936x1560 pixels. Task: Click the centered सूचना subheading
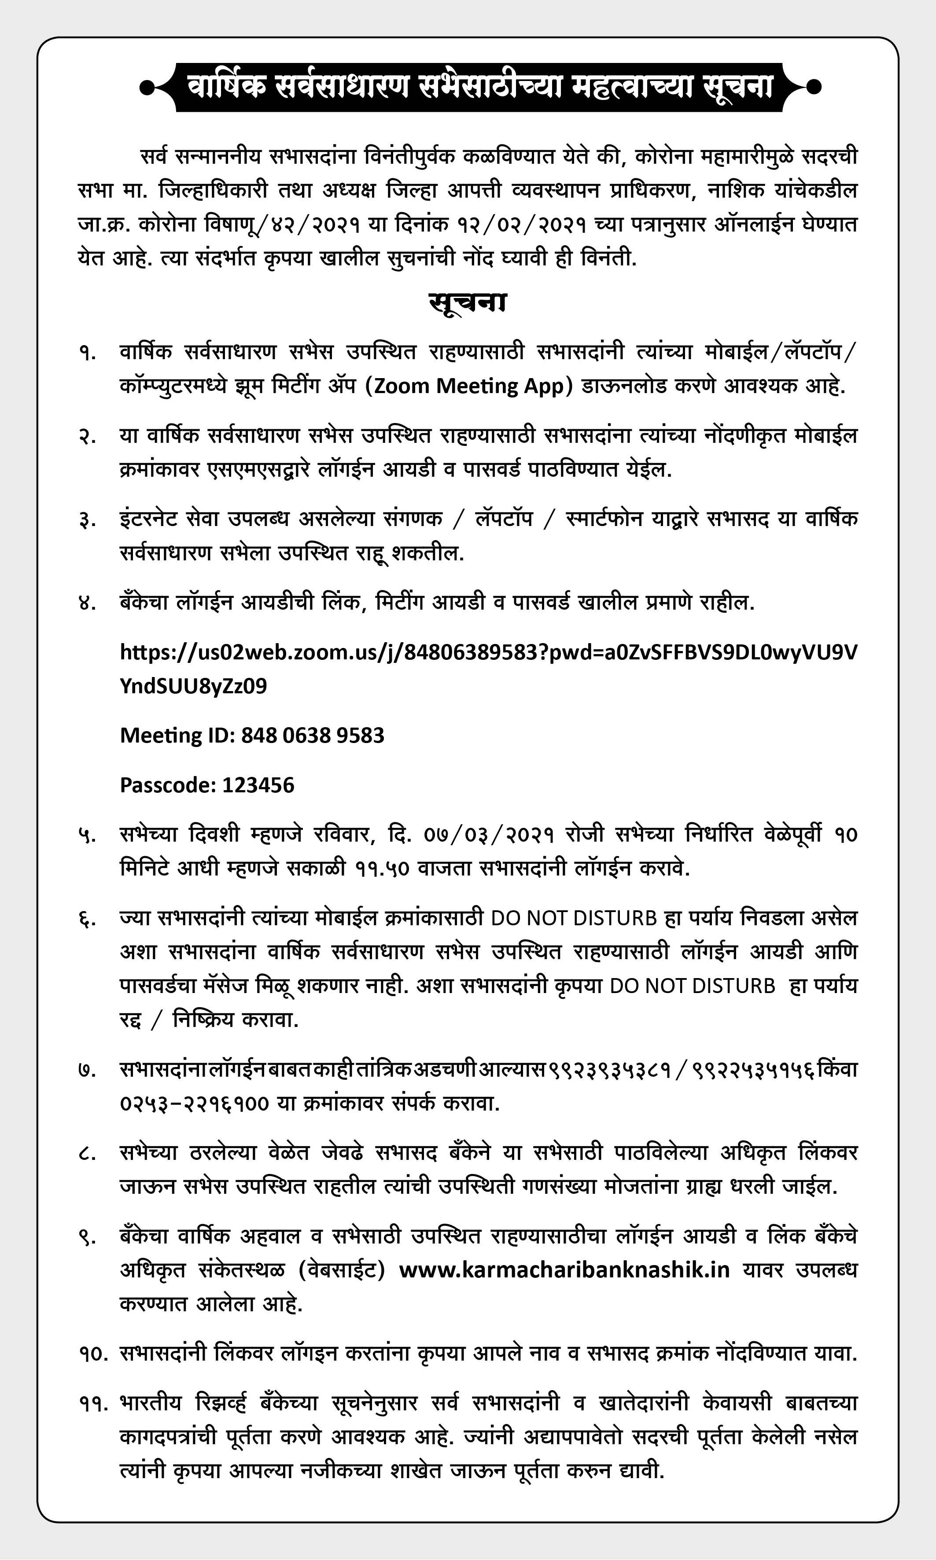[468, 303]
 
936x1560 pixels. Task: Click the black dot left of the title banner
[146, 87]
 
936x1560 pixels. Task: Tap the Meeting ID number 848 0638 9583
[313, 735]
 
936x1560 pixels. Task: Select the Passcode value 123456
[258, 785]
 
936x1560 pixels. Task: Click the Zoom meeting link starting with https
[488, 652]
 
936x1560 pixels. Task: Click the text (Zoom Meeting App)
[468, 385]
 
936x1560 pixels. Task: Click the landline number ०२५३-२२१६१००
[194, 1104]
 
